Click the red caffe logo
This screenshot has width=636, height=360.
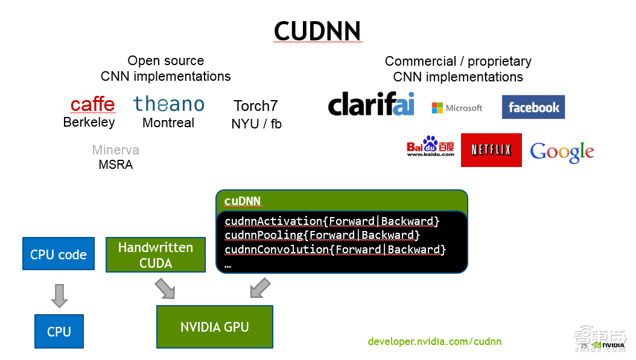pyautogui.click(x=92, y=104)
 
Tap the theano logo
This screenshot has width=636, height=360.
pyautogui.click(x=169, y=104)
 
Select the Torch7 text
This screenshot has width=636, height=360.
pyautogui.click(x=256, y=106)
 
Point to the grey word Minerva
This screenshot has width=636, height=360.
pyautogui.click(x=116, y=150)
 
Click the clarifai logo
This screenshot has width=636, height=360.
pyautogui.click(x=371, y=104)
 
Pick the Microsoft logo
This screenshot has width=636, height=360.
pyautogui.click(x=457, y=108)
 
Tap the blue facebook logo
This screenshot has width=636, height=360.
pyautogui.click(x=533, y=107)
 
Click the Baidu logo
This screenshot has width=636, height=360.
pyautogui.click(x=430, y=146)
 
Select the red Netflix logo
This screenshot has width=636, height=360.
pyautogui.click(x=491, y=150)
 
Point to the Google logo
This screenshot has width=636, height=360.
pyautogui.click(x=562, y=152)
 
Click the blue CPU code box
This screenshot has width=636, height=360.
pyautogui.click(x=59, y=254)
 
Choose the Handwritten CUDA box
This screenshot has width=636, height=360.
pyautogui.click(x=156, y=255)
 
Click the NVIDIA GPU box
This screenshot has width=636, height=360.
pyautogui.click(x=215, y=327)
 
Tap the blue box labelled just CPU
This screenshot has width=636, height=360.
pyautogui.click(x=59, y=331)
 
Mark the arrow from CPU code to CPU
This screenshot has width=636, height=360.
pyautogui.click(x=59, y=295)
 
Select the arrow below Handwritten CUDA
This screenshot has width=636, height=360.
pyautogui.click(x=164, y=288)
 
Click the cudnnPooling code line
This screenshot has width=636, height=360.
pyautogui.click(x=322, y=235)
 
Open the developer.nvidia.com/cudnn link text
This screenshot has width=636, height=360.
pyautogui.click(x=434, y=341)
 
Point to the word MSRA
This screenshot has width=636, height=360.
pyautogui.click(x=115, y=164)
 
